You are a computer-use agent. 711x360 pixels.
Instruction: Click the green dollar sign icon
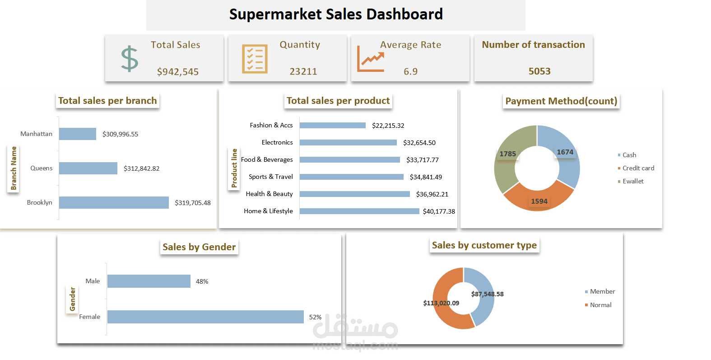click(x=130, y=59)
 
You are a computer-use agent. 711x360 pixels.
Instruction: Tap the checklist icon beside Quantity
click(x=255, y=59)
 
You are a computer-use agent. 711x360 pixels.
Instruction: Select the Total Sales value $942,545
click(x=178, y=72)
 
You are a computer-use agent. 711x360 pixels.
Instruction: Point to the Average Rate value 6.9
click(x=410, y=72)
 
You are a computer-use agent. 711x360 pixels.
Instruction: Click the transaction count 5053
click(x=539, y=71)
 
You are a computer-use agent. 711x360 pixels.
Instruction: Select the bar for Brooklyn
click(x=114, y=202)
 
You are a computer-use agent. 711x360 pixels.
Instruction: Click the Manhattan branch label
click(x=36, y=134)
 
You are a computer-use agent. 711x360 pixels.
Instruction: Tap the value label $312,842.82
click(x=141, y=168)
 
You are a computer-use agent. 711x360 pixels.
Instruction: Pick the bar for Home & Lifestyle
click(x=359, y=211)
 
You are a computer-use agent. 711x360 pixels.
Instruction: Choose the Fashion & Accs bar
click(x=333, y=126)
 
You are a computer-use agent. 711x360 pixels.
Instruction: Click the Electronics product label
click(x=277, y=142)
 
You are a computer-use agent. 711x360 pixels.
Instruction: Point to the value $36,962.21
click(x=432, y=194)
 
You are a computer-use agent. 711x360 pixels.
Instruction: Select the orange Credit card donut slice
click(x=537, y=199)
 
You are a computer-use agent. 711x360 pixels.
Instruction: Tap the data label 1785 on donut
click(x=507, y=154)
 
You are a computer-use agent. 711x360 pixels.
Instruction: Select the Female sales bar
click(x=205, y=317)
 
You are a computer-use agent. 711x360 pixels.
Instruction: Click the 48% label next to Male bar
click(x=202, y=281)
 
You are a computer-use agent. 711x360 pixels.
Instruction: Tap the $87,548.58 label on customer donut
click(x=487, y=294)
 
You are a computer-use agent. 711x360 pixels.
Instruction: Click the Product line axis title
click(x=234, y=168)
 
